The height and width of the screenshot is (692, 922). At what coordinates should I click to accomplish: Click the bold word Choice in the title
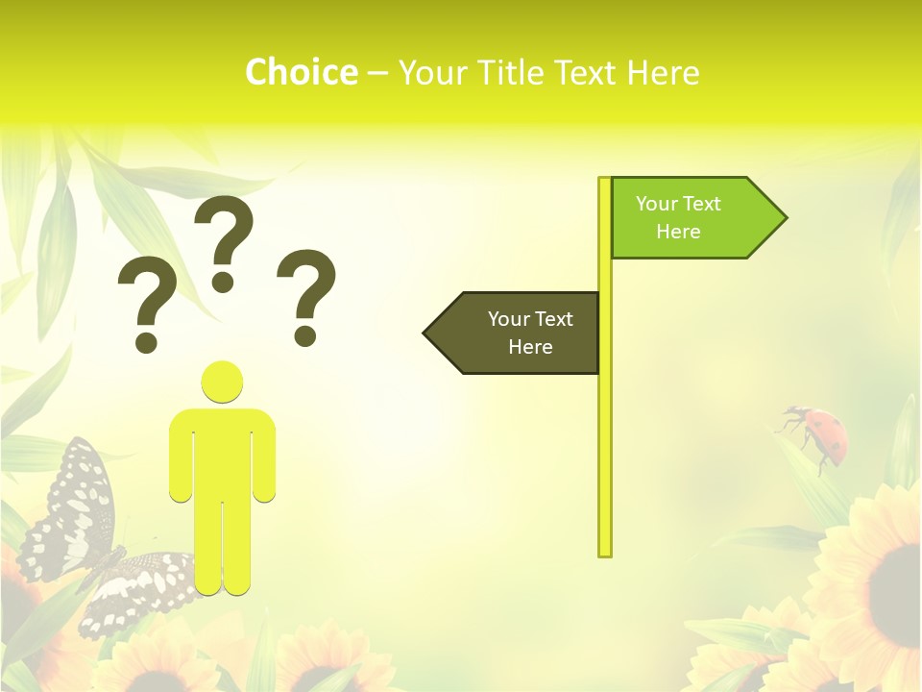pos(301,72)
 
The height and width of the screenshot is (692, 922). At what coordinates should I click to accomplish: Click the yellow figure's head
pos(222,382)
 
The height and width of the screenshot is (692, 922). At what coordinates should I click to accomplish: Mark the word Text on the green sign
pos(701,204)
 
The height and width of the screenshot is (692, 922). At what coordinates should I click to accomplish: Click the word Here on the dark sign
pos(530,347)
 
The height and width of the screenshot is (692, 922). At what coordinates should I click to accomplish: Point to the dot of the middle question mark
pos(223,282)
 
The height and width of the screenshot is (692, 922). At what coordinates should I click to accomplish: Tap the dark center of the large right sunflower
pos(898,577)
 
